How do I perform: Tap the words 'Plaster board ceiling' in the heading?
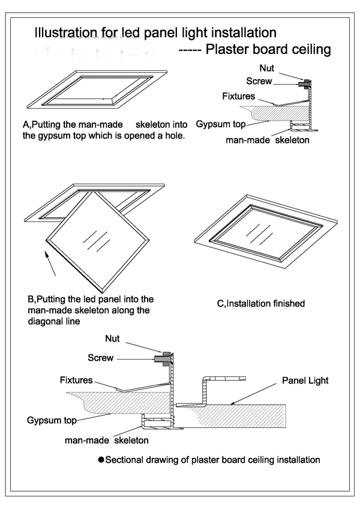pyautogui.click(x=268, y=49)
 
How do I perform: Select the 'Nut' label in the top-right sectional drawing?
pyautogui.click(x=267, y=68)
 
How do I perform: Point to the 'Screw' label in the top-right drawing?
pyautogui.click(x=259, y=81)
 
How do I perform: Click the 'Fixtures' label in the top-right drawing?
pyautogui.click(x=238, y=96)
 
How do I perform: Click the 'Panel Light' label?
pyautogui.click(x=305, y=381)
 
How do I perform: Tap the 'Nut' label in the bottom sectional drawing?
pyautogui.click(x=112, y=339)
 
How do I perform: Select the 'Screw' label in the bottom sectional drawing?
pyautogui.click(x=101, y=358)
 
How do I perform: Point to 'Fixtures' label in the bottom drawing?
pyautogui.click(x=76, y=380)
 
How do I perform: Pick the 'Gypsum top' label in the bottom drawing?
pyautogui.click(x=52, y=420)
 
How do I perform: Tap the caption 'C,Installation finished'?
pyautogui.click(x=260, y=304)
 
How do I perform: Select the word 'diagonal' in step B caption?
pyautogui.click(x=45, y=321)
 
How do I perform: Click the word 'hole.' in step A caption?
pyautogui.click(x=173, y=136)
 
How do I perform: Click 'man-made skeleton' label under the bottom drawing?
pyautogui.click(x=107, y=441)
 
